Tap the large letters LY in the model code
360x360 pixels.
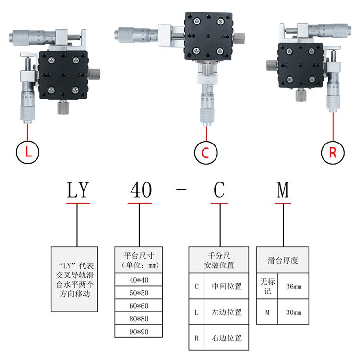[x=78, y=190]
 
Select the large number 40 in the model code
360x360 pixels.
[x=141, y=190]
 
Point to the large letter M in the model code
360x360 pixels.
[x=283, y=190]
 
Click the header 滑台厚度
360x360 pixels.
[x=283, y=261]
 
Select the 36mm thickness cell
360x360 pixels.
[x=293, y=287]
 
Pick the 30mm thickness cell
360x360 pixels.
[x=293, y=312]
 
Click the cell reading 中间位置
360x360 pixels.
[x=227, y=287]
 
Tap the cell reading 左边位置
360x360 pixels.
[x=227, y=312]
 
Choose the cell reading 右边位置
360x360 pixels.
[x=227, y=337]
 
